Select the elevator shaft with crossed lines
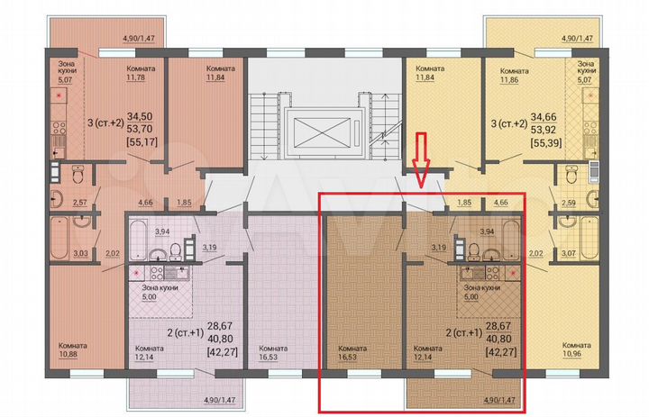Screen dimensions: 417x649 [324, 128]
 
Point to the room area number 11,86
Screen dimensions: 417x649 [516, 77]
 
